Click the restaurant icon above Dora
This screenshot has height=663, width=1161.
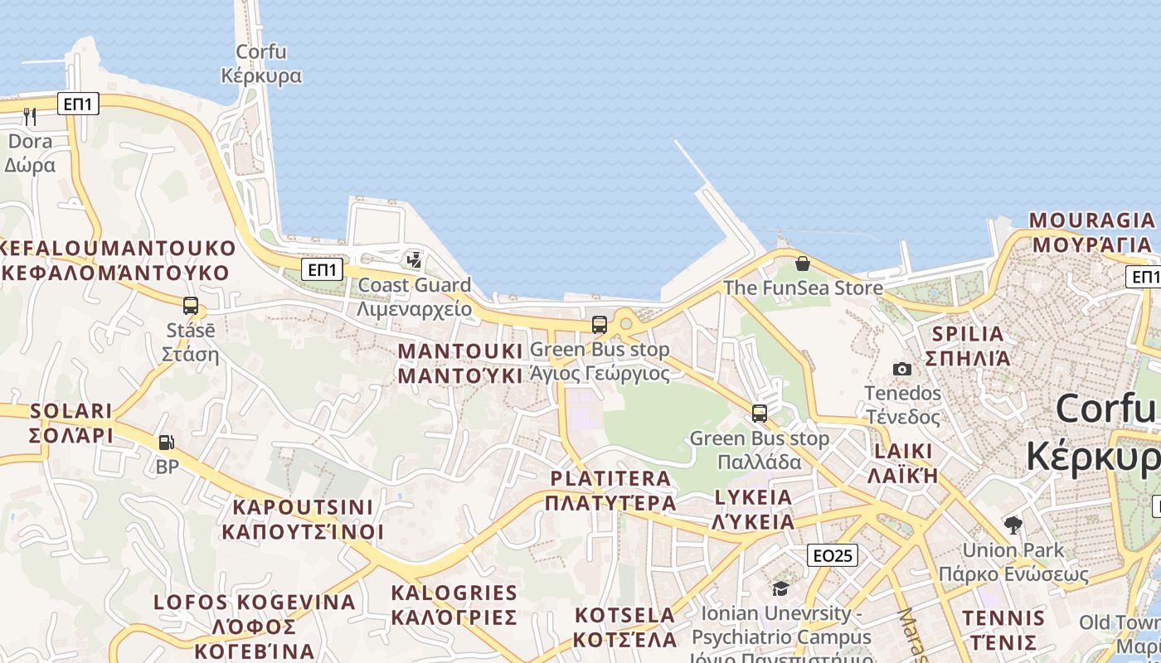click(30, 116)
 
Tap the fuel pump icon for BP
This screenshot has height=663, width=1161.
click(167, 443)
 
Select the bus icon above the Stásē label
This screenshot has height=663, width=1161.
click(191, 306)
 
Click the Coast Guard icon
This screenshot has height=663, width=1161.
click(414, 260)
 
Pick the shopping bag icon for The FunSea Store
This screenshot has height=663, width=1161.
click(802, 264)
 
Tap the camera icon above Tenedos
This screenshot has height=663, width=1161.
click(902, 369)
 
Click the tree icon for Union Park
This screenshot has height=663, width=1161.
click(1013, 525)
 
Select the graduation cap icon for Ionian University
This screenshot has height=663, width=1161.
click(780, 588)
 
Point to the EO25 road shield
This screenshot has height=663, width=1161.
click(833, 555)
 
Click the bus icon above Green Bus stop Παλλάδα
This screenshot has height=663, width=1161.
click(759, 413)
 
